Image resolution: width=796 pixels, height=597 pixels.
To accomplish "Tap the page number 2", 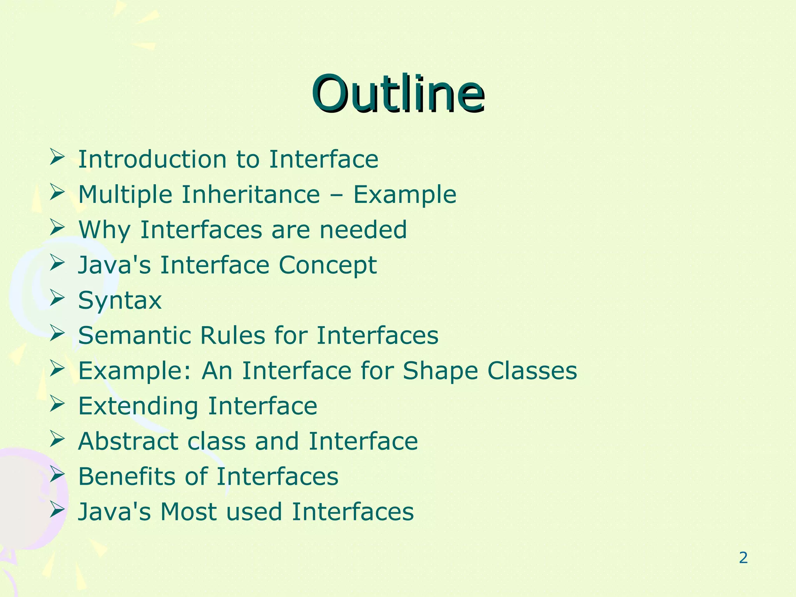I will click(x=743, y=558).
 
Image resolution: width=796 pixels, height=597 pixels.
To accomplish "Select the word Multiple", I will click(x=125, y=194).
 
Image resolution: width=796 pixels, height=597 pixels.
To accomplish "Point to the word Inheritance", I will click(x=251, y=194).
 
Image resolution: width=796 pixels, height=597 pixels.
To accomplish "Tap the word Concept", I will click(x=327, y=265).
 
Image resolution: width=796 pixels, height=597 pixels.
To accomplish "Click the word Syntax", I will click(x=120, y=301).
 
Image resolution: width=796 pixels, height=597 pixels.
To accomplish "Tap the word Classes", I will click(x=532, y=370).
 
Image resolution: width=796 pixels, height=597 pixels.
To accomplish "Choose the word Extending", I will click(x=138, y=407).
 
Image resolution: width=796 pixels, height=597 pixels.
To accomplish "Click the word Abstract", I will click(x=128, y=442).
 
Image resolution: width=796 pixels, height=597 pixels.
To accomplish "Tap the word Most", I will click(x=189, y=512).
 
